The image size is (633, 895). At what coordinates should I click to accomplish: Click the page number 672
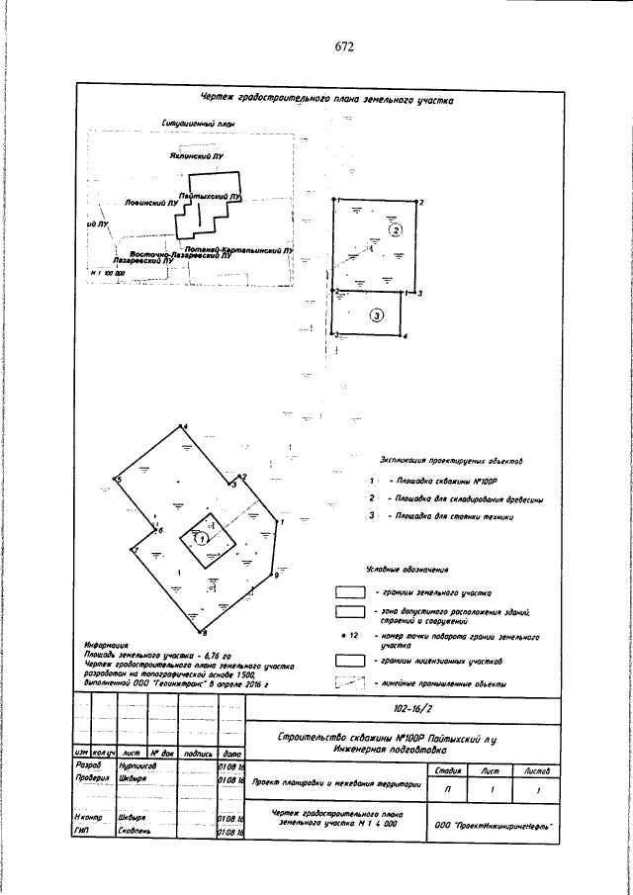pyautogui.click(x=344, y=45)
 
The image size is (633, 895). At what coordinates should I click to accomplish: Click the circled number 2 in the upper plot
pyautogui.click(x=395, y=230)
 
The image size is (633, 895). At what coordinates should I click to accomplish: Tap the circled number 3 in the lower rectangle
pyautogui.click(x=376, y=315)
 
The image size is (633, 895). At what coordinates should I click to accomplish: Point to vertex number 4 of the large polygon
pyautogui.click(x=185, y=426)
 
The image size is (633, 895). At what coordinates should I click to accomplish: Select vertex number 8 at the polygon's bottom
pyautogui.click(x=203, y=631)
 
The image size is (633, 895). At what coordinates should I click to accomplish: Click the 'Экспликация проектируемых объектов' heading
pyautogui.click(x=444, y=461)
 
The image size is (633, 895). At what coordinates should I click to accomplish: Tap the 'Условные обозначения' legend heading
pyautogui.click(x=407, y=571)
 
